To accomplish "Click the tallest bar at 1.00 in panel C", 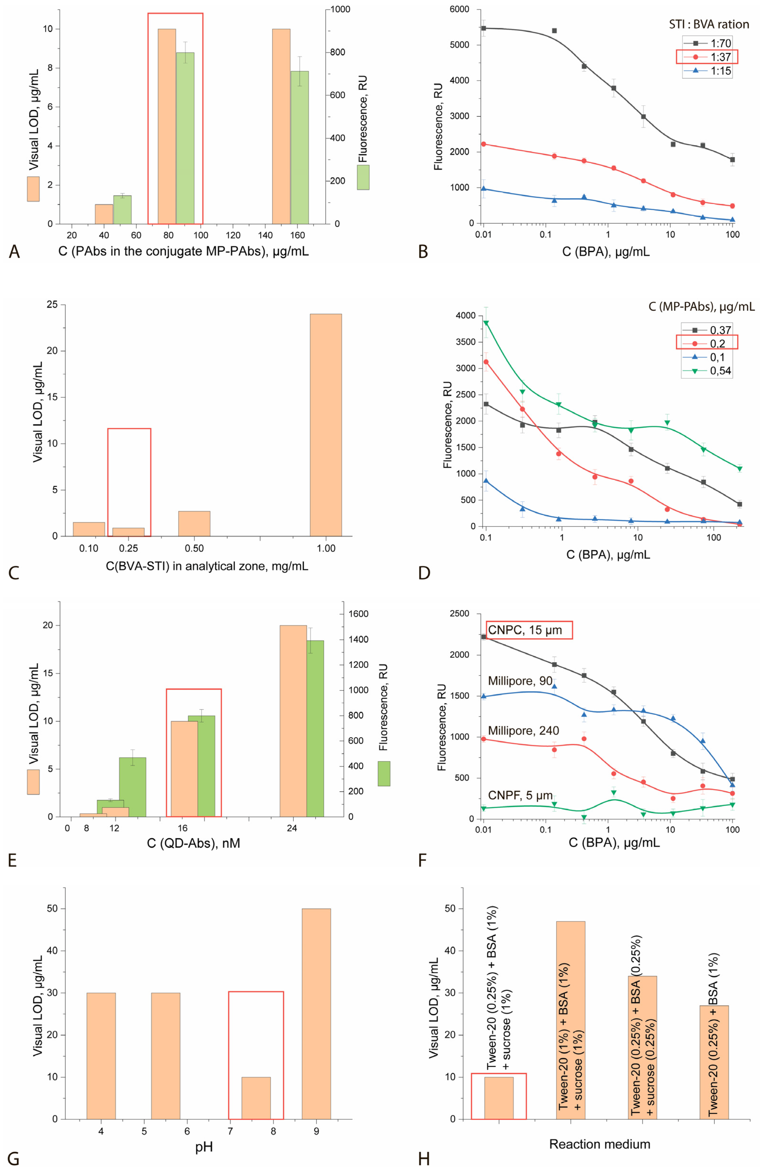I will tap(326, 425).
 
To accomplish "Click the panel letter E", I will tap(13, 861).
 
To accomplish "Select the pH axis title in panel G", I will tap(204, 1146).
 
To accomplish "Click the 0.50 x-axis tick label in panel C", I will tap(194, 548).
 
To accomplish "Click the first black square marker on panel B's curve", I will tap(484, 28).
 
